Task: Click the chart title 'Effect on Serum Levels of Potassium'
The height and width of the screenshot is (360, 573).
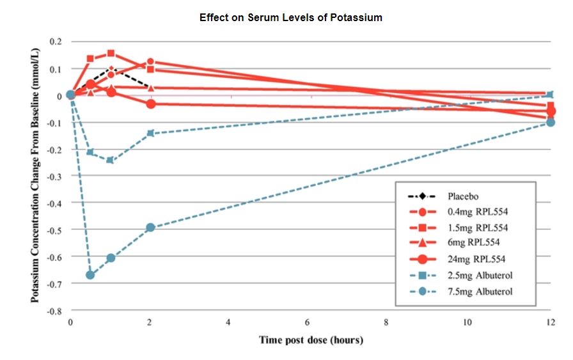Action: pyautogui.click(x=290, y=18)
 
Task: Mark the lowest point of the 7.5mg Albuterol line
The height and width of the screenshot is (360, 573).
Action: pyautogui.click(x=90, y=275)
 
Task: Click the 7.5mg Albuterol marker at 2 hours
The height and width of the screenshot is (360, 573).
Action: pyautogui.click(x=150, y=228)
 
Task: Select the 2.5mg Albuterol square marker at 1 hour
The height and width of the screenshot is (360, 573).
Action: pyautogui.click(x=110, y=160)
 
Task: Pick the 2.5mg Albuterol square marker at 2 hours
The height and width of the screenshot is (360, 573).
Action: pyautogui.click(x=150, y=133)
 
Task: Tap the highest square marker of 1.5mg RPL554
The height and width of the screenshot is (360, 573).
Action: pyautogui.click(x=111, y=54)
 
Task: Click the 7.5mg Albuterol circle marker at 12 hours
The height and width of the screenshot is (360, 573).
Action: pyautogui.click(x=551, y=122)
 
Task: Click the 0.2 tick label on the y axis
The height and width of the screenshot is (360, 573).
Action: pyautogui.click(x=55, y=42)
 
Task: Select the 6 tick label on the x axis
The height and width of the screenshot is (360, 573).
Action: pyautogui.click(x=308, y=322)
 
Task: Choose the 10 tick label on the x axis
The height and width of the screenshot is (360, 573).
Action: pyautogui.click(x=467, y=322)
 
